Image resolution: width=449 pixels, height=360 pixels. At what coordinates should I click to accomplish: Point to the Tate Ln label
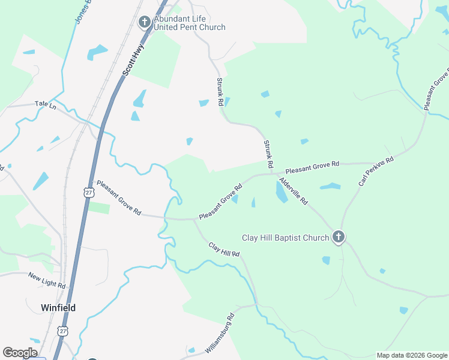45,104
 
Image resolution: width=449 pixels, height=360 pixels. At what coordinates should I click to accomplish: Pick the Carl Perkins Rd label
376,171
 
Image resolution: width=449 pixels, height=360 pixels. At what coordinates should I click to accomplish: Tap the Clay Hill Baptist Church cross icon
339,238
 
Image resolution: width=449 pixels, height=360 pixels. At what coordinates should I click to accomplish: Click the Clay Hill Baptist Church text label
285,238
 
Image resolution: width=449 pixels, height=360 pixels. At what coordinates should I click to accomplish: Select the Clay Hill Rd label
224,250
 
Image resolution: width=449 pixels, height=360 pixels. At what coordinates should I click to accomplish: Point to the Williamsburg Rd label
218,333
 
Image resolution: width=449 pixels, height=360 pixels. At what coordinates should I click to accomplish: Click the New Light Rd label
46,279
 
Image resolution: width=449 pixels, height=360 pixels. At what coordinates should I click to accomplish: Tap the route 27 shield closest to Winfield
63,331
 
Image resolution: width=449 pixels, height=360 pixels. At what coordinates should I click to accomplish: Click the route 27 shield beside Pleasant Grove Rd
88,191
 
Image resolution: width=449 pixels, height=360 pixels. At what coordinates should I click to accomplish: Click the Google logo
20,353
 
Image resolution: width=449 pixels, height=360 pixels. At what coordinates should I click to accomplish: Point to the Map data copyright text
412,355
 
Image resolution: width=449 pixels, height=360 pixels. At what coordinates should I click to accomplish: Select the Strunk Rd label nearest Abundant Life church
220,91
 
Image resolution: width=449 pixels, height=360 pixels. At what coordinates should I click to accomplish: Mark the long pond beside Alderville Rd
280,192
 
